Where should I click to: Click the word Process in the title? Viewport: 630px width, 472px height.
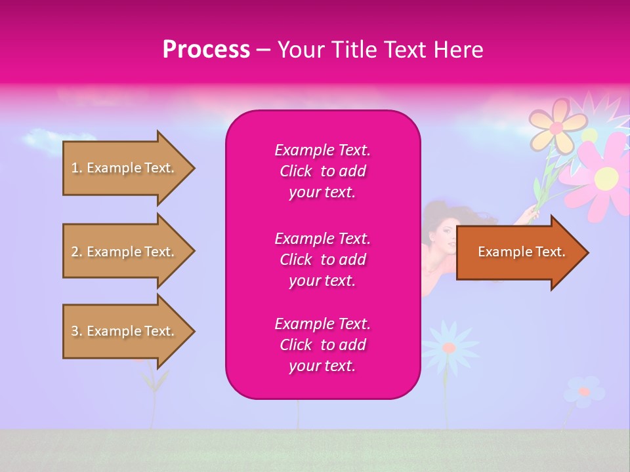tap(206, 49)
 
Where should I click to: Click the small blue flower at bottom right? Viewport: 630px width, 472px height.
tap(583, 391)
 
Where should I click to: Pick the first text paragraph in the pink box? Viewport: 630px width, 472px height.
tap(322, 171)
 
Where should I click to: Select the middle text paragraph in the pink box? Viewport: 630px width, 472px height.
tap(322, 259)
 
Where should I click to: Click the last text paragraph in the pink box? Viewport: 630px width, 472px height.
tap(322, 345)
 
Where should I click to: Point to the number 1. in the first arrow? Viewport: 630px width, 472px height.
tap(77, 168)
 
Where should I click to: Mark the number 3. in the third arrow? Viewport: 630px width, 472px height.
tap(77, 331)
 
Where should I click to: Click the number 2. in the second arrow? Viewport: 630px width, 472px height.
tap(77, 252)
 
